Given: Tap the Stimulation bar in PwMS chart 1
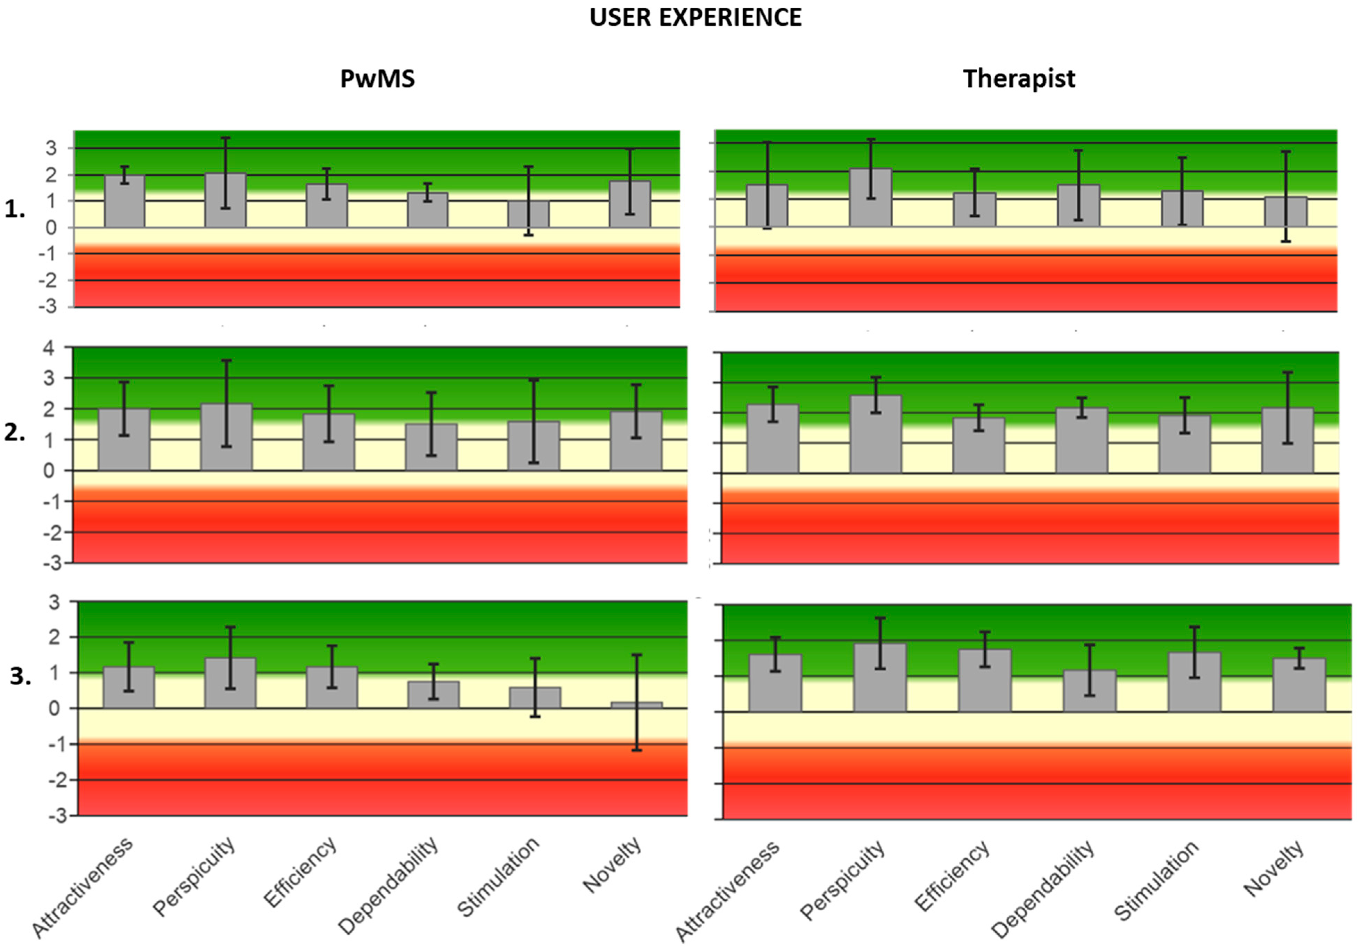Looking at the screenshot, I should [x=528, y=214].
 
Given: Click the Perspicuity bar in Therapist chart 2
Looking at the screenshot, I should [x=875, y=434].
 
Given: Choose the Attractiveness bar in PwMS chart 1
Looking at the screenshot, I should [x=124, y=201].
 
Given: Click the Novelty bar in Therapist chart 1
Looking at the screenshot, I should [x=1285, y=212].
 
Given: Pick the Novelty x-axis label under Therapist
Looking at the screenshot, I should [x=1274, y=868].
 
